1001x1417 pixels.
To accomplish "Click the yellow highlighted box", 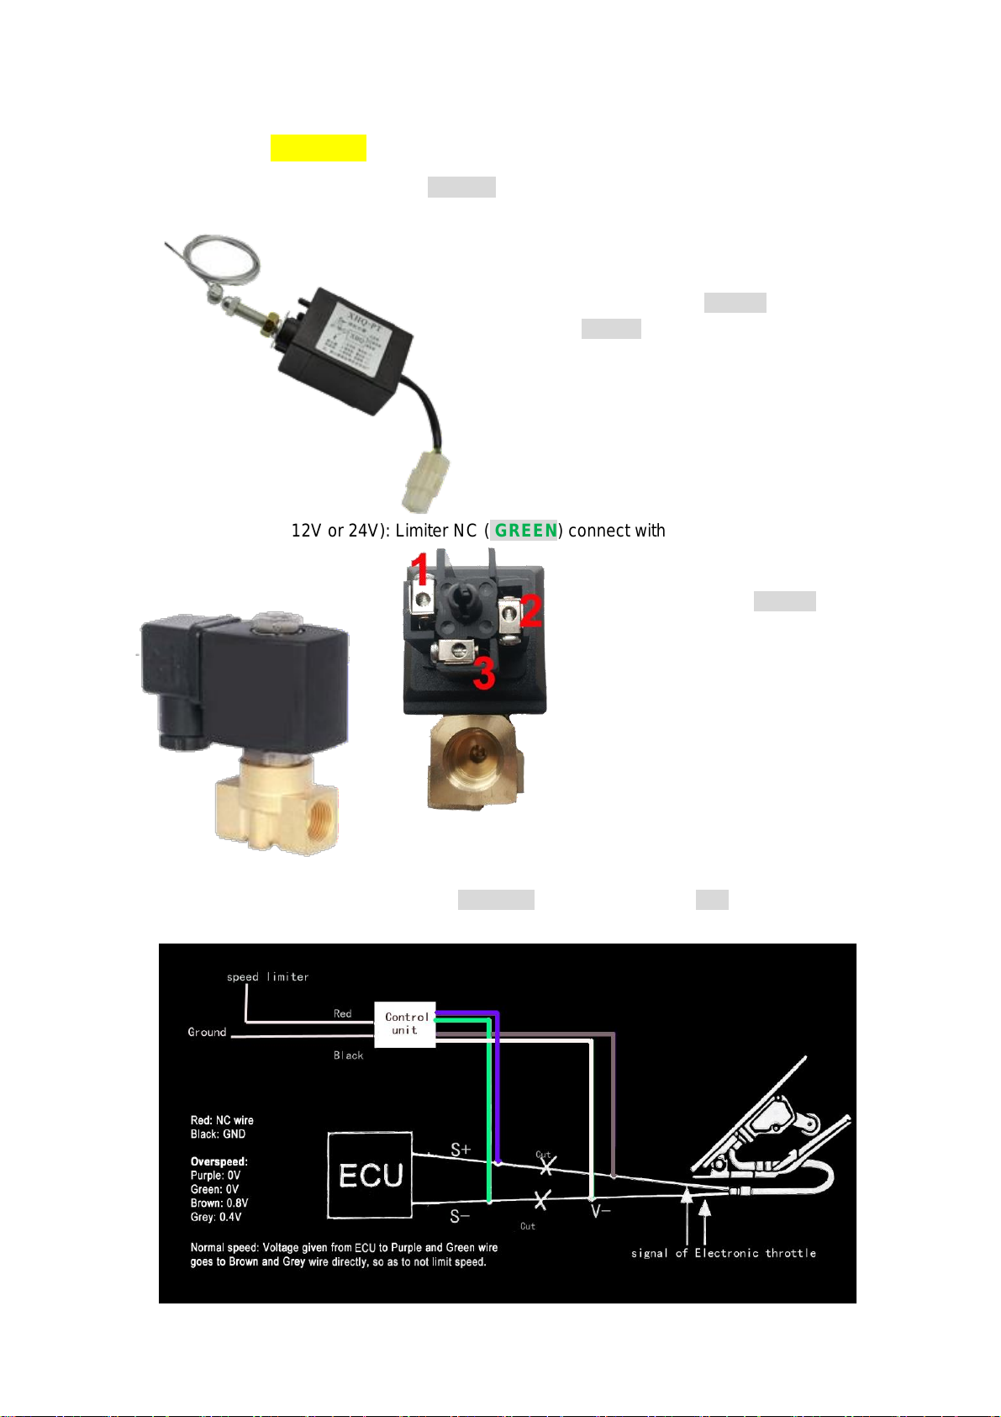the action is pos(318,147).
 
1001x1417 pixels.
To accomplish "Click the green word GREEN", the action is pos(525,531).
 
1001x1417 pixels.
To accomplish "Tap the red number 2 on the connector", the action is pos(530,610).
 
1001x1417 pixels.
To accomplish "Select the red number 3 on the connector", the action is pos(484,673).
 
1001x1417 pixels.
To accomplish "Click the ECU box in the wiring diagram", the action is pos(370,1175).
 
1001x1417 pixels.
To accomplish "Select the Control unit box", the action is pos(405,1023).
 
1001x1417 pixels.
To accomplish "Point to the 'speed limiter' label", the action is pos(267,976).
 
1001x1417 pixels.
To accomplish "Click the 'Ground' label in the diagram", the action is pos(207,1032).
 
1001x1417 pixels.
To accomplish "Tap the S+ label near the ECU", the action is pos(461,1150).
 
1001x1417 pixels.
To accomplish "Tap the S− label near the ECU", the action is pos(460,1216).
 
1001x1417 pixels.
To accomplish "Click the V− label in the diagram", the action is pos(600,1212).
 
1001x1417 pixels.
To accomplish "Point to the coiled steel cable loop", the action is pos(223,260).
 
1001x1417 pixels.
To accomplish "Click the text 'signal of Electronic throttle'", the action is pos(723,1253).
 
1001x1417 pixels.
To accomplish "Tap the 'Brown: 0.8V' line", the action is pos(219,1203).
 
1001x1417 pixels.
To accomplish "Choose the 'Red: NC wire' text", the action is pos(222,1120).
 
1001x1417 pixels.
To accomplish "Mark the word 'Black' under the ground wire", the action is pos(348,1055).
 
